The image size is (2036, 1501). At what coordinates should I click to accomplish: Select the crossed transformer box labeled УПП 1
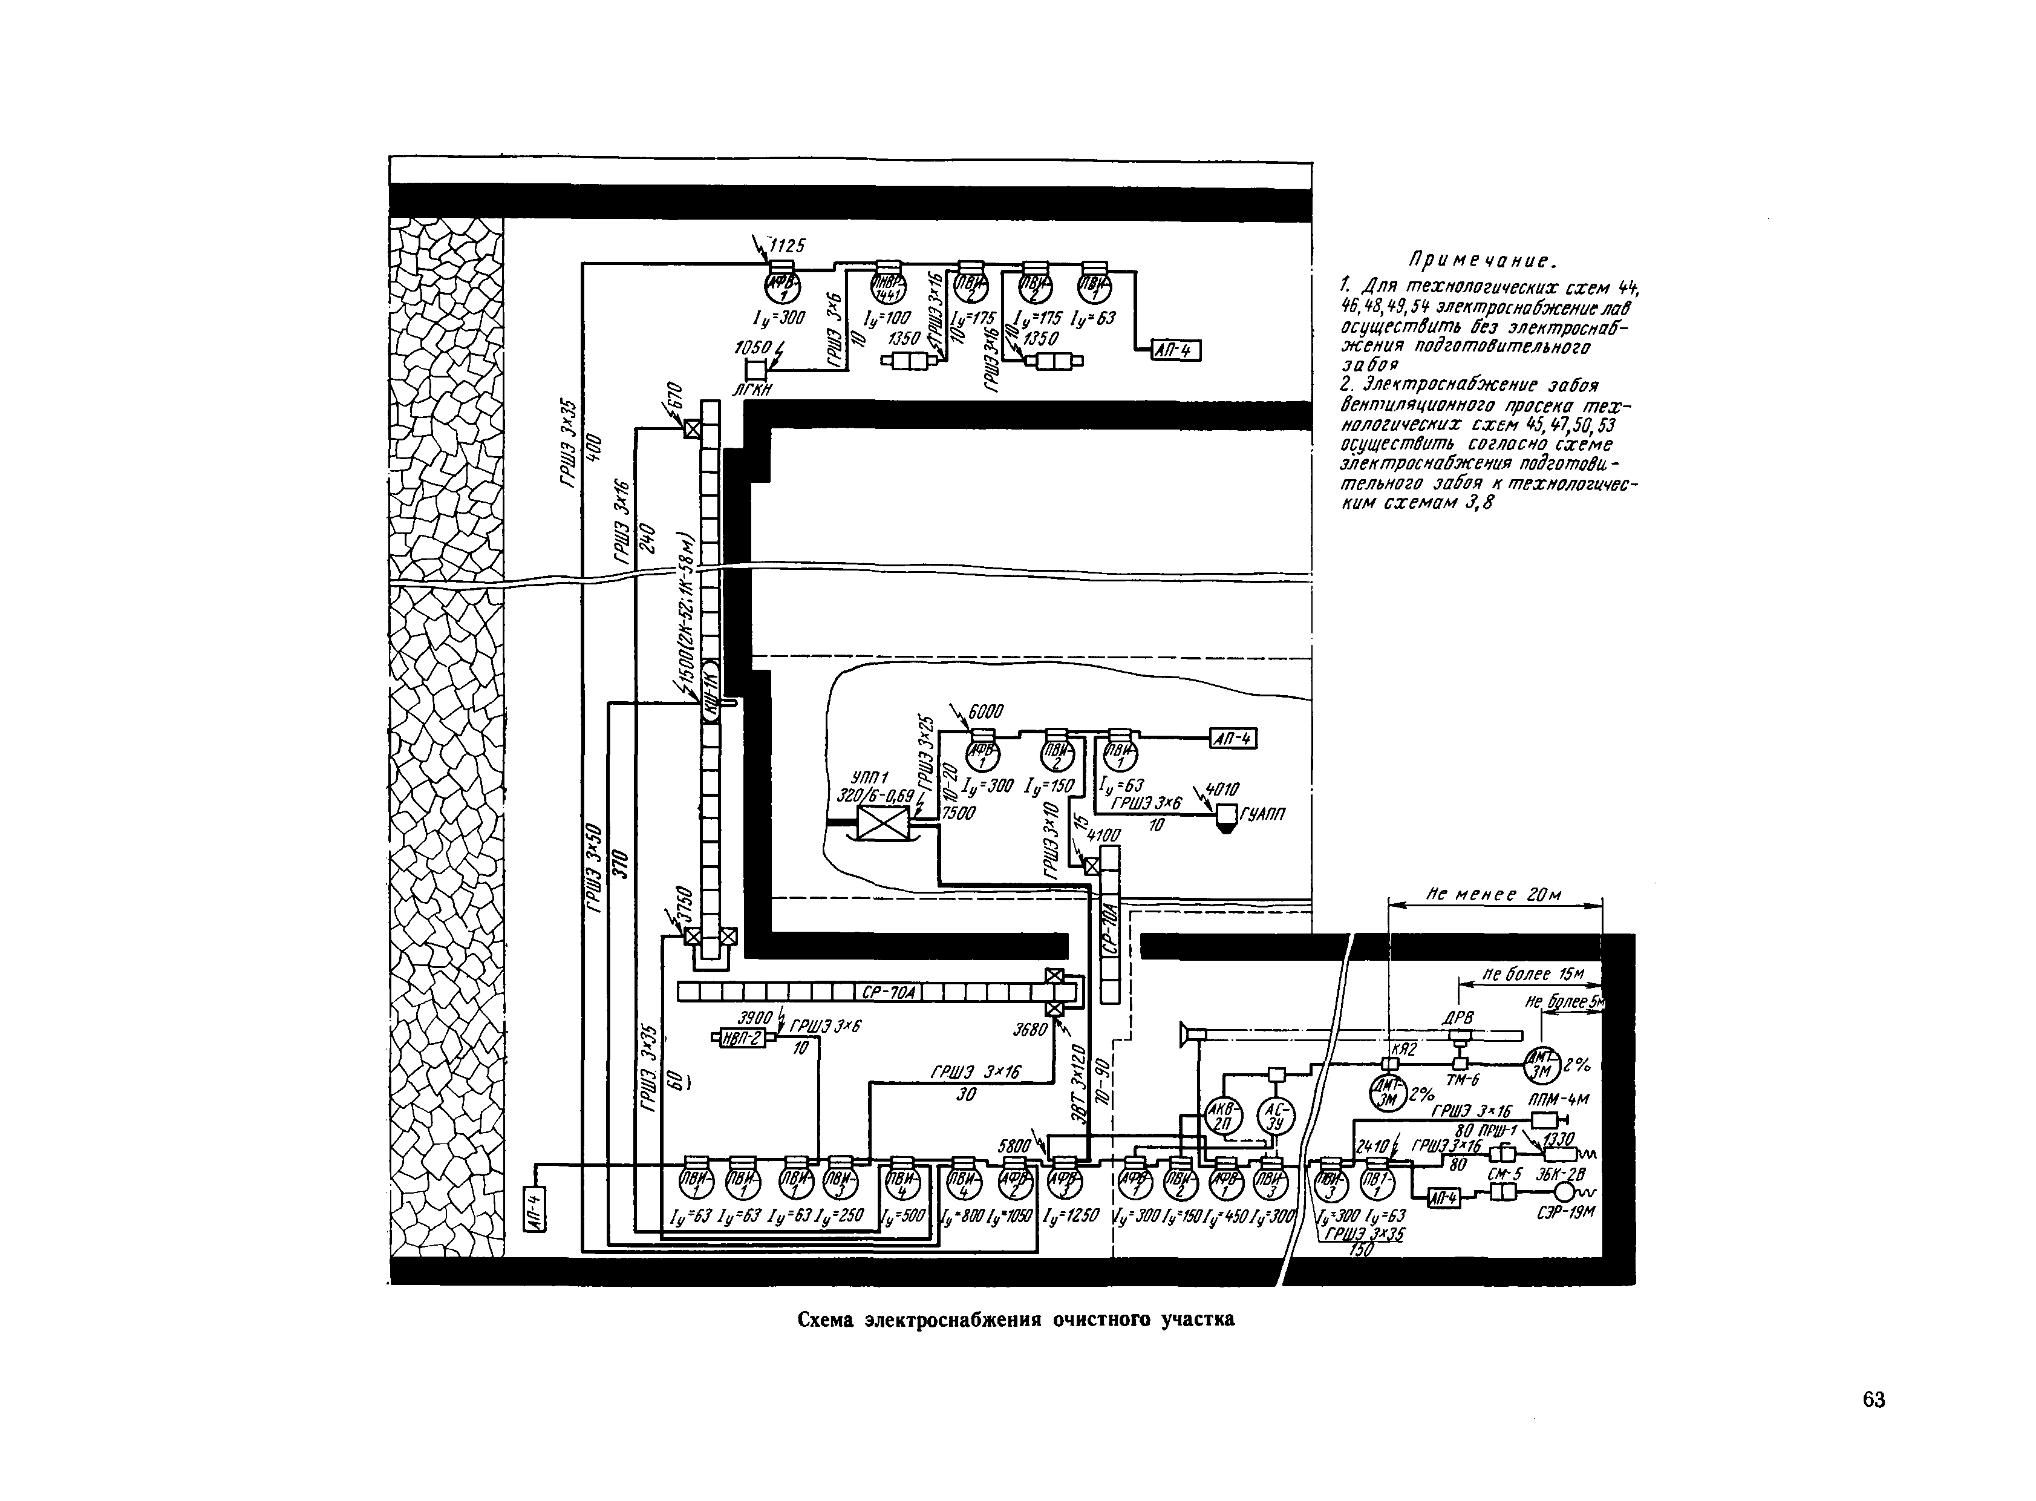click(x=882, y=823)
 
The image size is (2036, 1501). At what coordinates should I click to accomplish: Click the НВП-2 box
click(x=742, y=1038)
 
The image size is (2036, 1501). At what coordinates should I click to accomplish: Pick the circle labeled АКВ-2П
click(x=1222, y=1116)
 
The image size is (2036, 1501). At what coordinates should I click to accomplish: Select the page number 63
click(x=1873, y=1400)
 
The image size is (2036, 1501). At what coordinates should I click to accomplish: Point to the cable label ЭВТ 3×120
click(x=1078, y=1095)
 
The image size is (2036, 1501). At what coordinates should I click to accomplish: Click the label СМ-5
click(x=1504, y=1174)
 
